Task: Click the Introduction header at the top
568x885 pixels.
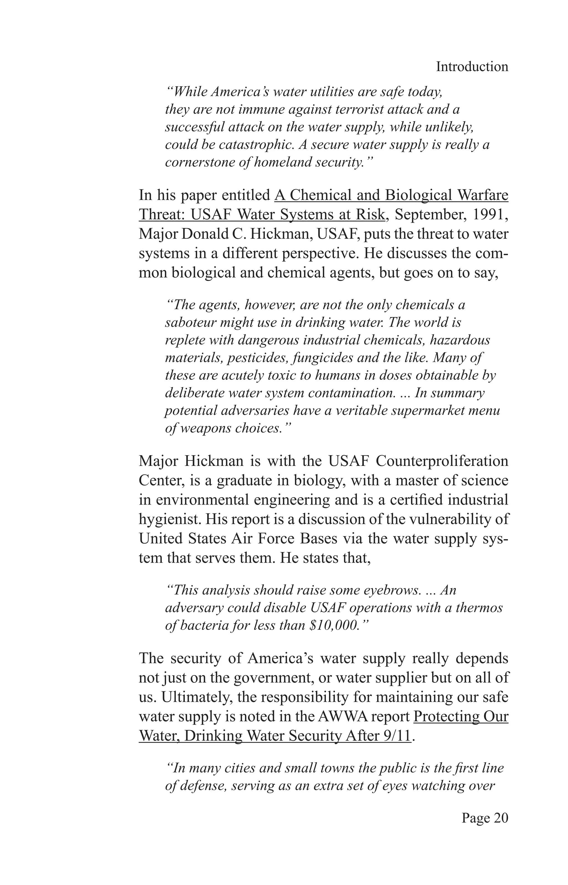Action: [472, 67]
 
